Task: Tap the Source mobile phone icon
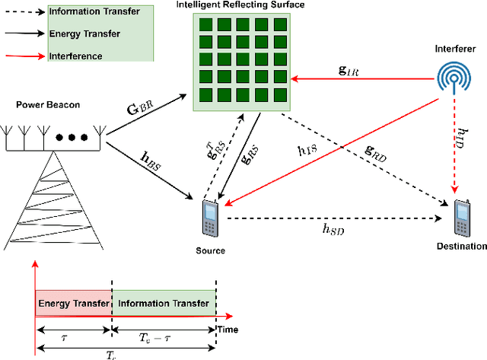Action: point(209,219)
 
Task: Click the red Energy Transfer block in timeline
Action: point(73,303)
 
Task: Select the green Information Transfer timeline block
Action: point(164,303)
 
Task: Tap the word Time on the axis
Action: point(228,330)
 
